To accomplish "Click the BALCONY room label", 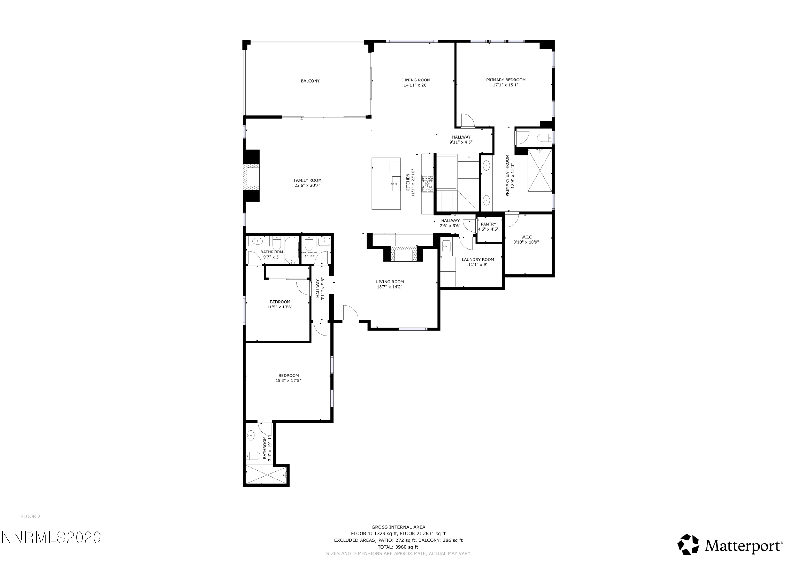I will pyautogui.click(x=310, y=81).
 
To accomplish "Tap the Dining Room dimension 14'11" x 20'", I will pyautogui.click(x=415, y=85).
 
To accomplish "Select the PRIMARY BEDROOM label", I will pyautogui.click(x=506, y=80).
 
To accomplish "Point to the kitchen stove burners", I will pyautogui.click(x=428, y=184).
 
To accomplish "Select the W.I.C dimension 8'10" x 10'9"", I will pyautogui.click(x=526, y=242).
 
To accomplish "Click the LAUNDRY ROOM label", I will pyautogui.click(x=478, y=260).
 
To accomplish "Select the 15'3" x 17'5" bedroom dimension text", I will pyautogui.click(x=288, y=381).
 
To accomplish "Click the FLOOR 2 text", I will pyautogui.click(x=31, y=517).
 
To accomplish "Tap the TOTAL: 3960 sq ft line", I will pyautogui.click(x=398, y=547).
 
